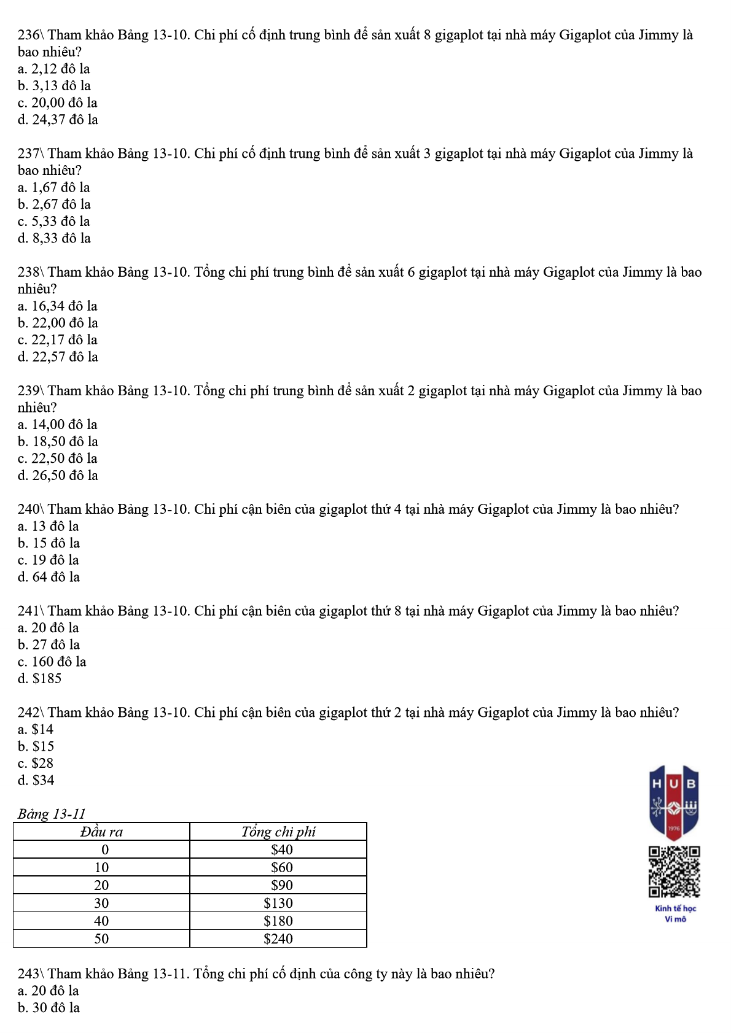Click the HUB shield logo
click(x=674, y=802)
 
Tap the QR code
click(x=674, y=872)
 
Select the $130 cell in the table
click(x=278, y=903)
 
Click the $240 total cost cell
click(x=278, y=938)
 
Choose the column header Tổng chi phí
click(x=278, y=832)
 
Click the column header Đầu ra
click(x=101, y=832)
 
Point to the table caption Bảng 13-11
click(x=52, y=814)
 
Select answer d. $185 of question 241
click(x=40, y=678)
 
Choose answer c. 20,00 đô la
click(x=57, y=103)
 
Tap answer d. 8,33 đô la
click(x=54, y=238)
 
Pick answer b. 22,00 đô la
click(x=58, y=323)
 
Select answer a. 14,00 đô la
click(x=58, y=425)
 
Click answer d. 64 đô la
click(x=49, y=577)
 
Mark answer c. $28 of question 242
click(x=36, y=763)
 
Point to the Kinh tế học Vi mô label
click(x=675, y=913)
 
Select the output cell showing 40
click(x=101, y=921)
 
